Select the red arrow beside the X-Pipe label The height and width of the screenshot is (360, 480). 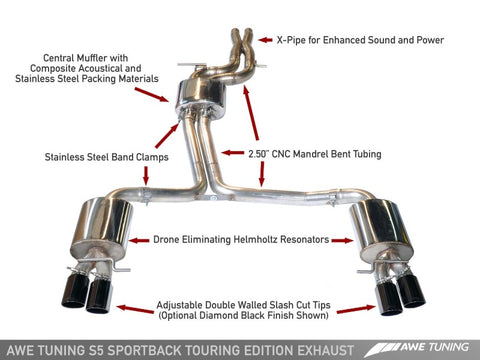pos(265,40)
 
